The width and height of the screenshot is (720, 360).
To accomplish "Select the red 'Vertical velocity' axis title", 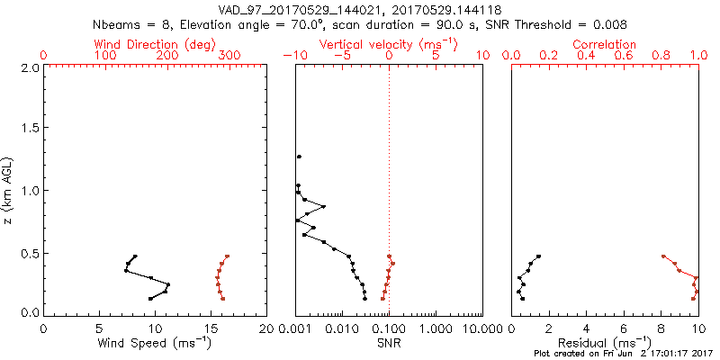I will click(x=388, y=44).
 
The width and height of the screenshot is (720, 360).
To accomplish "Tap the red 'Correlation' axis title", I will click(x=604, y=44).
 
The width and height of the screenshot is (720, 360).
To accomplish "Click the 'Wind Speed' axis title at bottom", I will click(x=154, y=343).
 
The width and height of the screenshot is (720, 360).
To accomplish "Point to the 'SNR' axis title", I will click(x=389, y=343).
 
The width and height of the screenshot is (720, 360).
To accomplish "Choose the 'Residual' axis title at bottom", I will click(x=604, y=343).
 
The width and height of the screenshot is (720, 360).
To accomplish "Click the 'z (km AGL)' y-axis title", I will click(x=8, y=190).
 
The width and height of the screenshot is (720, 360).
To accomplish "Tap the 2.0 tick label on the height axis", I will click(x=29, y=67).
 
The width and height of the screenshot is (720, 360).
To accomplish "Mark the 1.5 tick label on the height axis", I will click(x=29, y=129).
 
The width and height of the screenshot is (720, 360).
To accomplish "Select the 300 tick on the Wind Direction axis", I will click(x=230, y=56).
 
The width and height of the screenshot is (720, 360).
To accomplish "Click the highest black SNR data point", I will click(x=298, y=157).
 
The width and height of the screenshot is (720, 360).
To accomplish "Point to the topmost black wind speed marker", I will click(x=135, y=256).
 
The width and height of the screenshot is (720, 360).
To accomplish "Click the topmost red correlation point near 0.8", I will click(x=663, y=256).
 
